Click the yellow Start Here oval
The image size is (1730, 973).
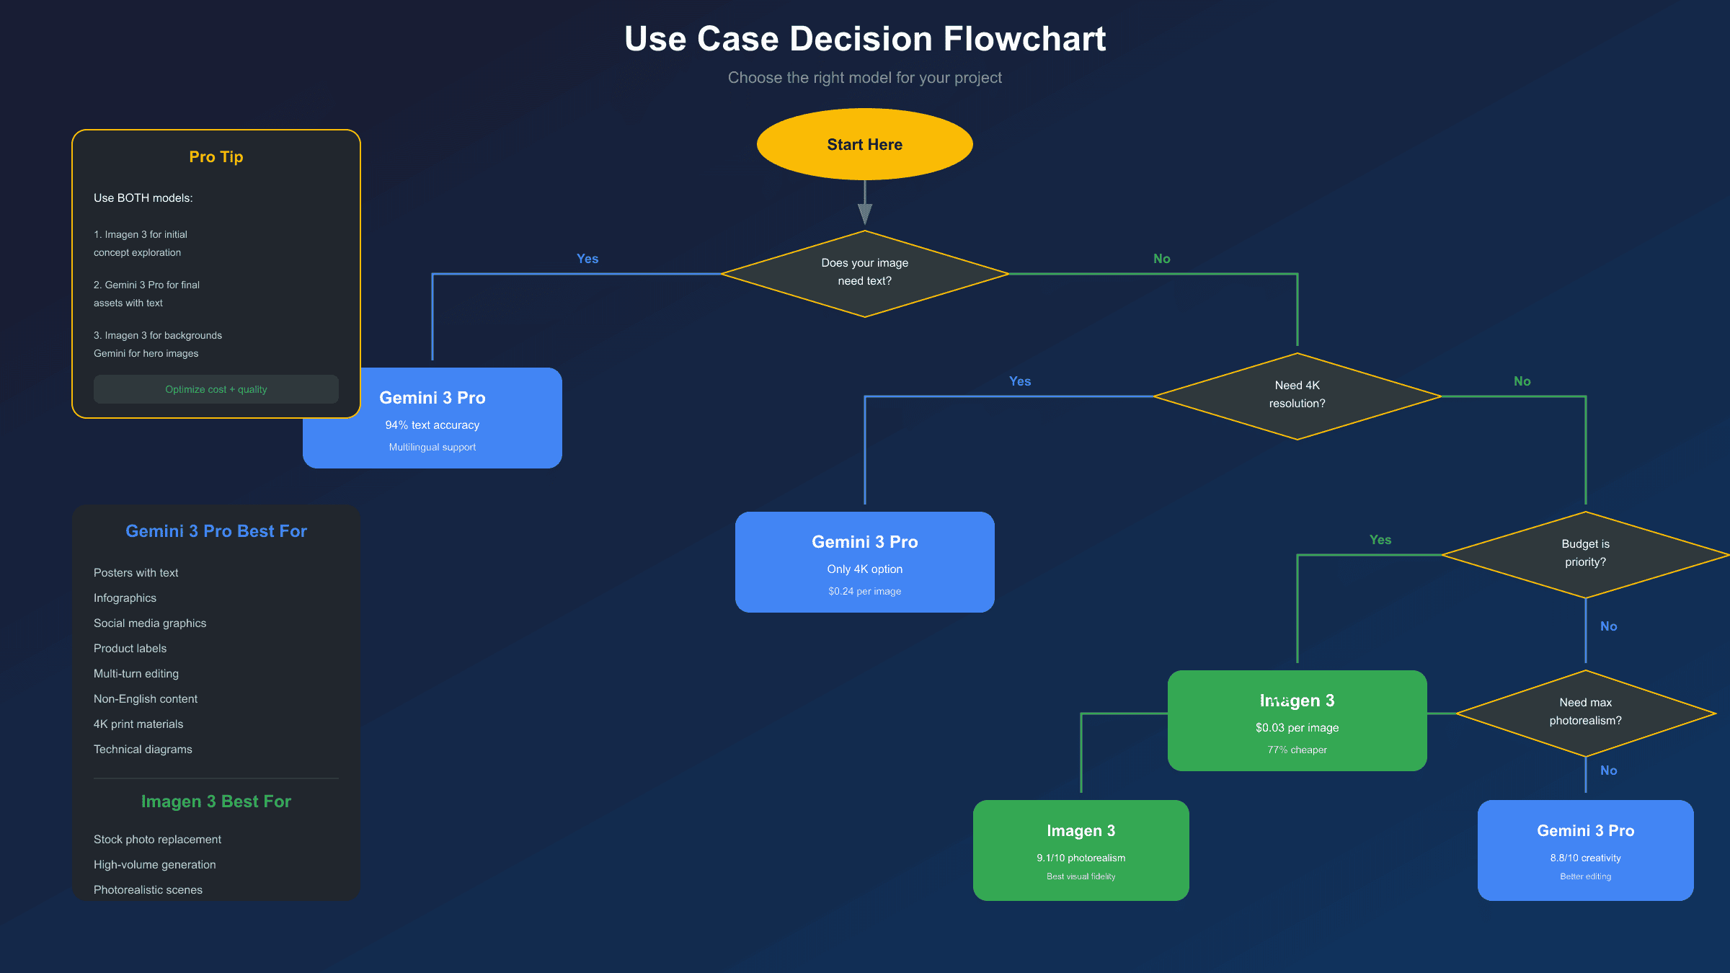click(864, 144)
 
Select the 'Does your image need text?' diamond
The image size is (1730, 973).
click(864, 273)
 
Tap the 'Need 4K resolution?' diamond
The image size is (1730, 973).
click(1297, 396)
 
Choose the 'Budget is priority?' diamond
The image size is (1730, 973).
click(1585, 554)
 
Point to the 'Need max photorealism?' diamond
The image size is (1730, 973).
click(1585, 713)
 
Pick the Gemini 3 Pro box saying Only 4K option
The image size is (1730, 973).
click(864, 562)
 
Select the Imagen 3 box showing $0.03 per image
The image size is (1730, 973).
click(1297, 721)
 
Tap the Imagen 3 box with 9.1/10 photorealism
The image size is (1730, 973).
click(1081, 850)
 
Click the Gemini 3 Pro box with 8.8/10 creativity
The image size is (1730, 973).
click(1585, 850)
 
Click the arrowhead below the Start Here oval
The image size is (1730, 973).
click(865, 213)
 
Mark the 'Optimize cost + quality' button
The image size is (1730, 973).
click(216, 389)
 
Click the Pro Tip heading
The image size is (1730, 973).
click(216, 157)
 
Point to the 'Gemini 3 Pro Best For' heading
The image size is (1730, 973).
click(216, 531)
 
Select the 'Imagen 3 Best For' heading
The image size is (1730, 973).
click(216, 801)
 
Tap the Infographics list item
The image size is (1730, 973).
click(125, 598)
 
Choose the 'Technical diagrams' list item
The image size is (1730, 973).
click(143, 750)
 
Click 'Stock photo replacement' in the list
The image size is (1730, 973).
click(157, 840)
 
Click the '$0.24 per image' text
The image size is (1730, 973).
click(864, 592)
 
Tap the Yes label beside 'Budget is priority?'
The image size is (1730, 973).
click(1380, 540)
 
